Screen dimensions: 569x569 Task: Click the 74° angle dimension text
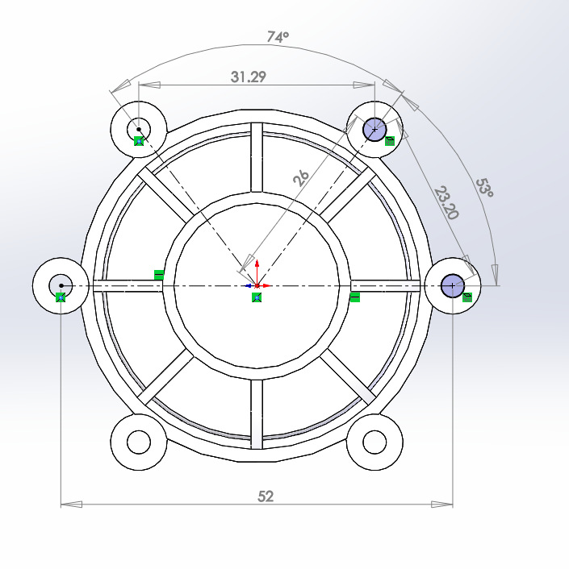pyautogui.click(x=278, y=36)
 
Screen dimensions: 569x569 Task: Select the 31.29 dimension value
pyautogui.click(x=249, y=77)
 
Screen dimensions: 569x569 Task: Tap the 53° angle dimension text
pyautogui.click(x=484, y=189)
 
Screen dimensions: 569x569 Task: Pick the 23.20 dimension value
pyautogui.click(x=446, y=202)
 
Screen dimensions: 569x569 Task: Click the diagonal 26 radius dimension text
pyautogui.click(x=300, y=177)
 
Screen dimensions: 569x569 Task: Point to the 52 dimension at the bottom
pyautogui.click(x=266, y=496)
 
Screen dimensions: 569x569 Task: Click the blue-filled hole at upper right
pyautogui.click(x=374, y=129)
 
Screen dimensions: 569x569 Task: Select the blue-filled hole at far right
pyautogui.click(x=453, y=285)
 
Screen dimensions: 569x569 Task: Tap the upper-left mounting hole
pyautogui.click(x=139, y=128)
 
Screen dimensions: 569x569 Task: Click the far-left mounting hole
pyautogui.click(x=61, y=285)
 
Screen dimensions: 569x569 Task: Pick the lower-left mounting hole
pyautogui.click(x=139, y=442)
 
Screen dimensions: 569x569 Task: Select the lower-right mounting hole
pyautogui.click(x=374, y=442)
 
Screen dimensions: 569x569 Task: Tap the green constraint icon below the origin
pyautogui.click(x=256, y=298)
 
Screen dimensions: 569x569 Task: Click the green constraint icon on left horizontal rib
pyautogui.click(x=158, y=275)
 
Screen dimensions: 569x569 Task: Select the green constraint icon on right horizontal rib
pyautogui.click(x=355, y=298)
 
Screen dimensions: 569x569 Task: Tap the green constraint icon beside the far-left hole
pyautogui.click(x=61, y=297)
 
